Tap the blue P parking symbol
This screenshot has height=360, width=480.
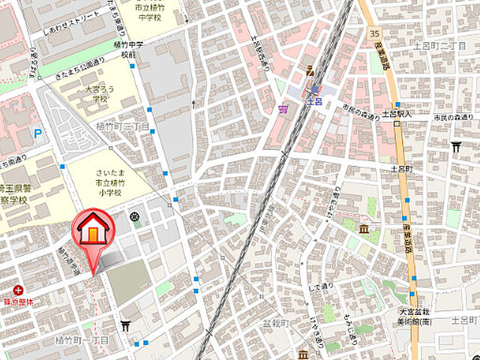tap(37, 135)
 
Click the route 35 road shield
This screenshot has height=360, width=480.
tap(374, 34)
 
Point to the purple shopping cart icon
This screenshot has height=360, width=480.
tap(283, 110)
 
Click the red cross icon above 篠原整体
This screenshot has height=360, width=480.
tap(17, 289)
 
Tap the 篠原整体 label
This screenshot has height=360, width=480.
tap(19, 301)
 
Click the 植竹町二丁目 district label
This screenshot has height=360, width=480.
tap(123, 127)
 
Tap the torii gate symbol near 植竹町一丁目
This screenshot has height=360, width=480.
tap(125, 325)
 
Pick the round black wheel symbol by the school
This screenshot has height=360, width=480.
tap(135, 217)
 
